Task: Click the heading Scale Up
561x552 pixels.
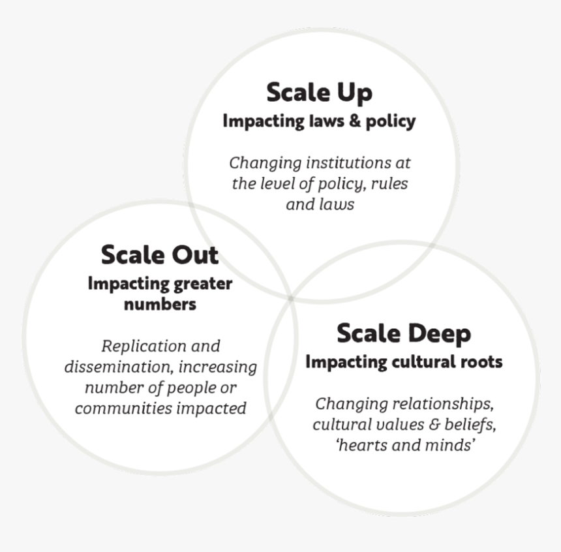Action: [320, 93]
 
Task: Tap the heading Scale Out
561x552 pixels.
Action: [160, 255]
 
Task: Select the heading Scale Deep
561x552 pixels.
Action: [404, 334]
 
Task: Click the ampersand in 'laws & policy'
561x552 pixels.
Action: [355, 121]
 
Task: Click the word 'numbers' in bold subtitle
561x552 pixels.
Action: [160, 304]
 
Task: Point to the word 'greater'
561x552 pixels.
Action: [203, 284]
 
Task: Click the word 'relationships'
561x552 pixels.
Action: [444, 404]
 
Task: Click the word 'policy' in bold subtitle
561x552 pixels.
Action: [390, 121]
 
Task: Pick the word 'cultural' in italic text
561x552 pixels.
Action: [337, 425]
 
